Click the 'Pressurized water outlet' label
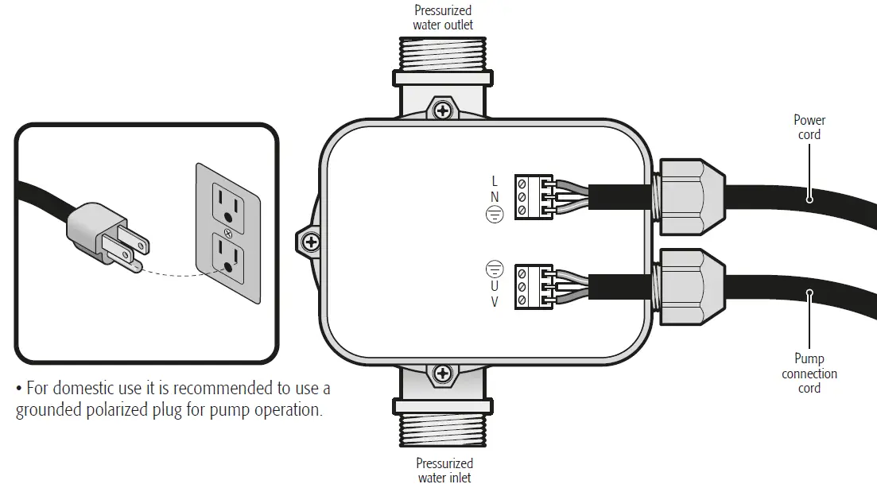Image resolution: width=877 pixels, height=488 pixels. (443, 17)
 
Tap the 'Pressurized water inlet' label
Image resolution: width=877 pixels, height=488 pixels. (444, 470)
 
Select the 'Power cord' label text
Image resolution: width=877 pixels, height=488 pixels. (809, 127)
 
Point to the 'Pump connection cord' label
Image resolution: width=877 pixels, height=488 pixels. (809, 374)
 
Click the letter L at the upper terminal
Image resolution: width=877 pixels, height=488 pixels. (495, 182)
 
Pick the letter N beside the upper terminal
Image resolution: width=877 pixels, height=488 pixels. (495, 196)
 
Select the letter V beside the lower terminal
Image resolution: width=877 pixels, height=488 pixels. (495, 301)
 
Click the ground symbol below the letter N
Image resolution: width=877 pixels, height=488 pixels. (495, 214)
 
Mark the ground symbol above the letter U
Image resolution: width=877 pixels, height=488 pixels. (495, 269)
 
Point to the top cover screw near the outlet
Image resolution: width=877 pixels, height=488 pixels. (443, 108)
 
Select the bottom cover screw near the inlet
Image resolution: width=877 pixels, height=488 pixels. (443, 372)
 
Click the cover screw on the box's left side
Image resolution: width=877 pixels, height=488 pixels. (311, 240)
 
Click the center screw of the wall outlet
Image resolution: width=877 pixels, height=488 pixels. (228, 233)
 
